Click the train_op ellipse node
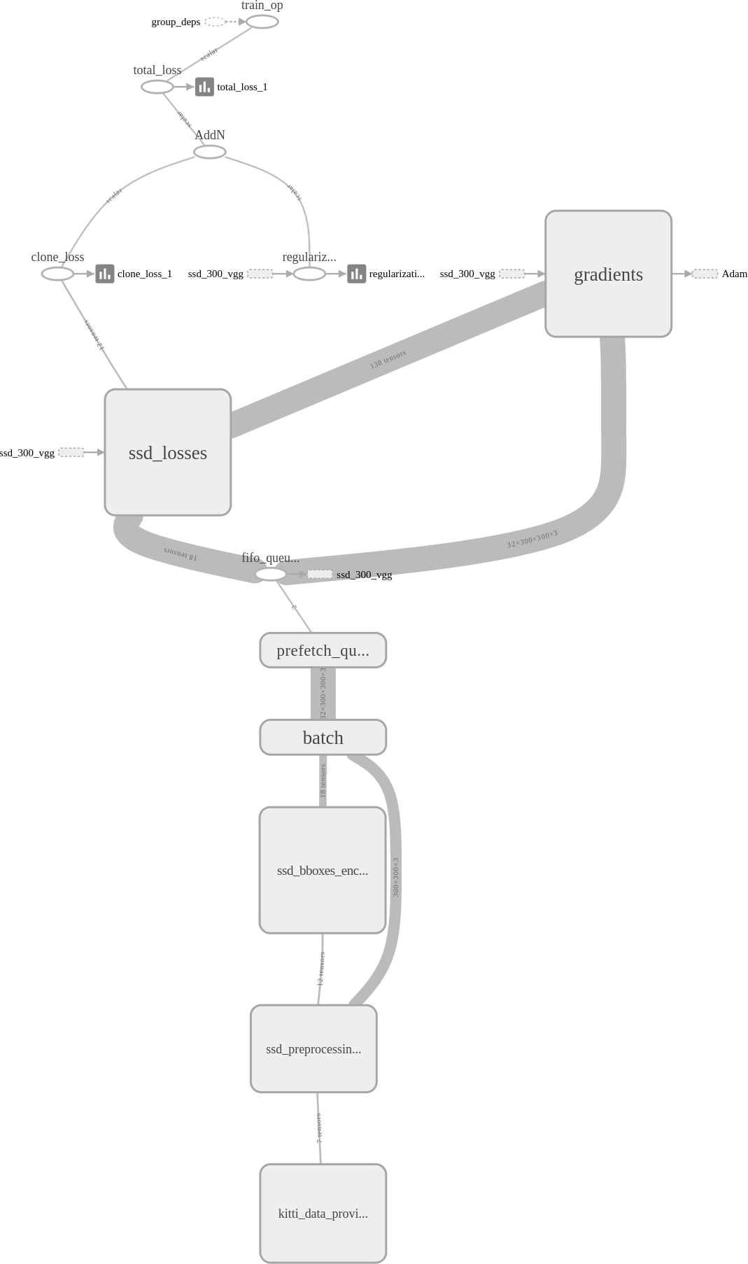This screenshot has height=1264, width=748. (262, 22)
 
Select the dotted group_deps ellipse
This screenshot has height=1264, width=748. (215, 22)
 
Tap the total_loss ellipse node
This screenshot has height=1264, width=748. (157, 87)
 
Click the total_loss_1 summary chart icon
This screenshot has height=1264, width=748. (204, 87)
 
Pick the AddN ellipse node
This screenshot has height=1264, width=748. (210, 152)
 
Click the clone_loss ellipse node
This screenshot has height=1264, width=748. (57, 274)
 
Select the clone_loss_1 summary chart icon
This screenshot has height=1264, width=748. (105, 274)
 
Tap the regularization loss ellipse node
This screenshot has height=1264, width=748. (309, 274)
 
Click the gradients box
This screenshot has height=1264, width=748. (608, 274)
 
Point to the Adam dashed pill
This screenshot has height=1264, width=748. (705, 274)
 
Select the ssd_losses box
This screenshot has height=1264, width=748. (168, 452)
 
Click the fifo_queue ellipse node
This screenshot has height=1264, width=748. (271, 575)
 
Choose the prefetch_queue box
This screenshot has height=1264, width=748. (323, 650)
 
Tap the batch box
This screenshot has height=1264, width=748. (323, 738)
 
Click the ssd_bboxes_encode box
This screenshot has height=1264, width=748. (323, 870)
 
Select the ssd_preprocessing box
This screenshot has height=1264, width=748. (313, 1048)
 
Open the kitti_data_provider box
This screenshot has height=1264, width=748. (323, 1213)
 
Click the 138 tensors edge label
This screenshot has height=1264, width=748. (388, 360)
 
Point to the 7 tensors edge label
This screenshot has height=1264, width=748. (319, 1128)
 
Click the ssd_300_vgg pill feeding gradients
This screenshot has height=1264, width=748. (511, 274)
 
